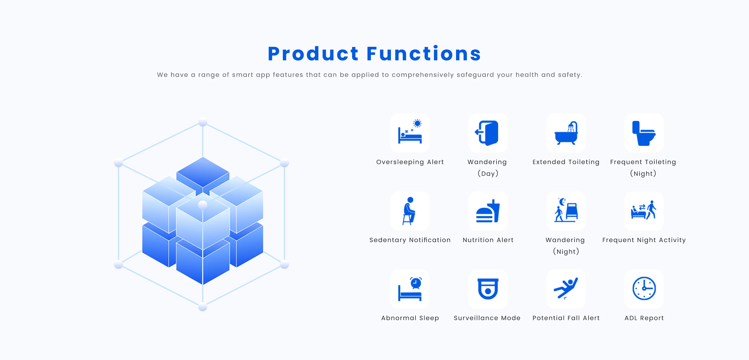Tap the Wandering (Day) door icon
(x=487, y=133)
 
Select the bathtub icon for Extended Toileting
(x=566, y=133)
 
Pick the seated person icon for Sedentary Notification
(x=409, y=211)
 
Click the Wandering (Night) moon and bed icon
(x=566, y=210)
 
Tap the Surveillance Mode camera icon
(x=488, y=289)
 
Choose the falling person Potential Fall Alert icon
(x=566, y=288)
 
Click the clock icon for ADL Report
(x=644, y=288)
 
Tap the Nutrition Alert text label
(x=488, y=240)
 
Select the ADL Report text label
(x=644, y=318)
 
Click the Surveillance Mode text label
(x=487, y=318)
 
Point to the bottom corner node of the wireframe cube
(x=203, y=307)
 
